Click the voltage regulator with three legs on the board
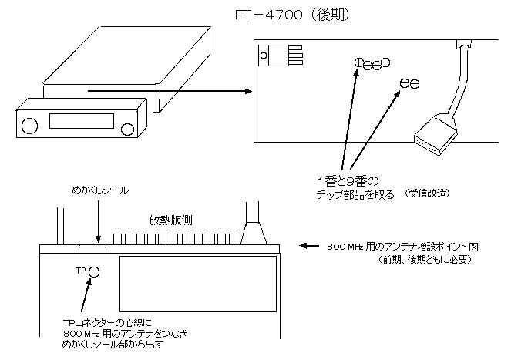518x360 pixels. tap(274, 56)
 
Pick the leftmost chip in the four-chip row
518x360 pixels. tap(358, 62)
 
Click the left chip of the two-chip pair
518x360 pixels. tap(404, 82)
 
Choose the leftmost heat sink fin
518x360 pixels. tap(119, 237)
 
